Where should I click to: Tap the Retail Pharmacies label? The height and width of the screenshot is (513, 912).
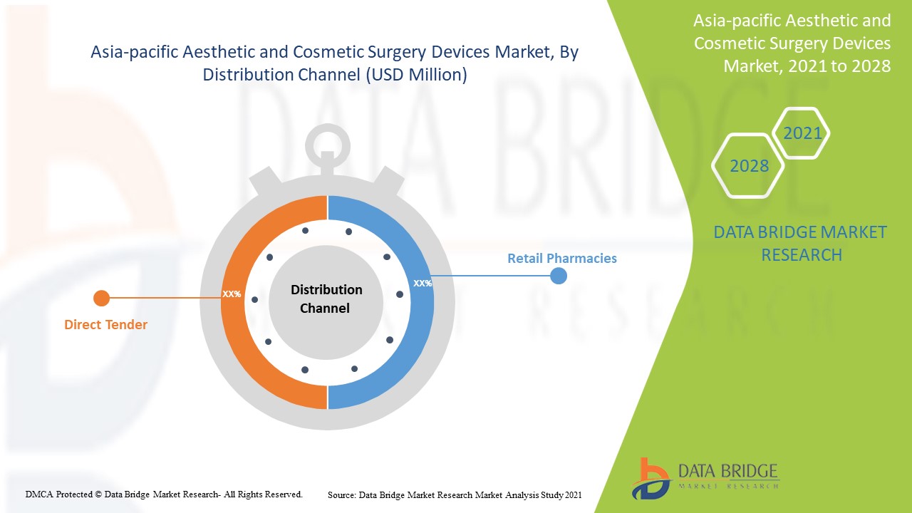click(x=561, y=258)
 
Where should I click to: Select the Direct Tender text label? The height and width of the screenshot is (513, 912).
click(x=105, y=325)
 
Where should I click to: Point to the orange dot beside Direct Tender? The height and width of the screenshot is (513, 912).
click(x=101, y=298)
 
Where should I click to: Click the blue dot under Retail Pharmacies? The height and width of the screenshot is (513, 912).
click(x=559, y=276)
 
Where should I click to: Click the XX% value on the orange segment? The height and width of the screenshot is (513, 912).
click(x=232, y=294)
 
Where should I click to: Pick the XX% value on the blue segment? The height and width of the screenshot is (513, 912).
click(x=423, y=283)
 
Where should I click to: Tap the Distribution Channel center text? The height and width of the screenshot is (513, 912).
click(x=326, y=299)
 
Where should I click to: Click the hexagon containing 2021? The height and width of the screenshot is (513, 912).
click(x=802, y=133)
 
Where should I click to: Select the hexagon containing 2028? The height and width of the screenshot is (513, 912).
click(x=749, y=166)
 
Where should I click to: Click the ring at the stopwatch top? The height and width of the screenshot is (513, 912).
click(x=327, y=147)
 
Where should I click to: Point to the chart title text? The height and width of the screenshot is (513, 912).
click(x=335, y=63)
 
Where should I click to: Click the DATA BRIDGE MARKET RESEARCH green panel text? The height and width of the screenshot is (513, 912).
click(x=801, y=243)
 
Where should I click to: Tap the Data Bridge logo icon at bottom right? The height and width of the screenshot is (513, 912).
click(x=650, y=479)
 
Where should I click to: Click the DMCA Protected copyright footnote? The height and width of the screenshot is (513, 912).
click(x=164, y=494)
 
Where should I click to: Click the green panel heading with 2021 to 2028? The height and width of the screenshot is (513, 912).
click(x=792, y=43)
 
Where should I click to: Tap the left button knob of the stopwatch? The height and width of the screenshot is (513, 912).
click(x=262, y=182)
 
